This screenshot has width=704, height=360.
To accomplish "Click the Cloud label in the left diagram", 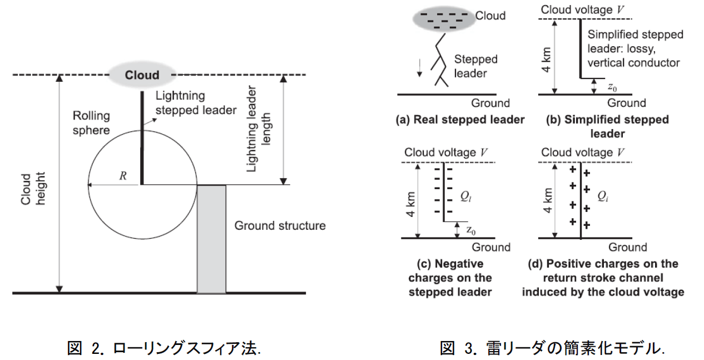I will pyautogui.click(x=141, y=75).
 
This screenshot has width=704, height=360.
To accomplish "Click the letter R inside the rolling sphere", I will pyautogui.click(x=123, y=176).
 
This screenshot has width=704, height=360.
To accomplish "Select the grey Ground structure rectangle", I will pyautogui.click(x=211, y=239).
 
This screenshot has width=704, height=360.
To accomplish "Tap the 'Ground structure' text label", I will pyautogui.click(x=280, y=225).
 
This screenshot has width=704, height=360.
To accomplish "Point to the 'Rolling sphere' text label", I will pyautogui.click(x=91, y=122).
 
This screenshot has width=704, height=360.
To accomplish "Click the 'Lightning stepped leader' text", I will pyautogui.click(x=196, y=103).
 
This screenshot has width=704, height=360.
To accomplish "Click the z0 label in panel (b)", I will pyautogui.click(x=612, y=87).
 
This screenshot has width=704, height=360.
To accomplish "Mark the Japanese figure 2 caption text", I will pyautogui.click(x=164, y=349).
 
